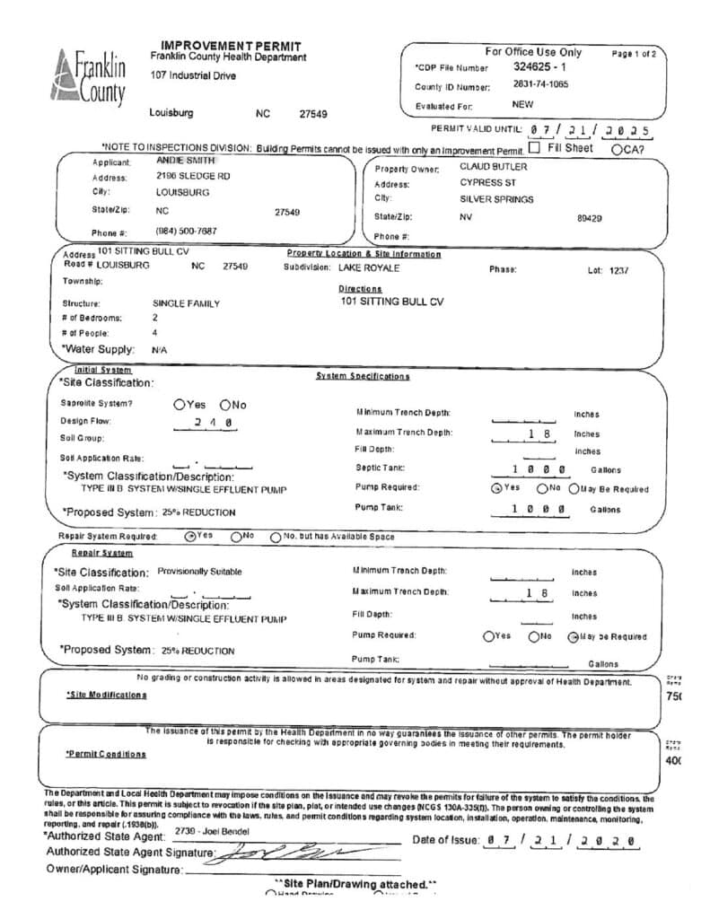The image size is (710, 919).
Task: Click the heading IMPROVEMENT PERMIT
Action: (230, 46)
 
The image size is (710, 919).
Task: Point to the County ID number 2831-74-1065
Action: (540, 85)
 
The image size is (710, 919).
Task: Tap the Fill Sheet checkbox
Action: (535, 148)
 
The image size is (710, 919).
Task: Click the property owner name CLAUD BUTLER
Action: (494, 167)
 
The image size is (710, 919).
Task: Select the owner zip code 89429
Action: (589, 217)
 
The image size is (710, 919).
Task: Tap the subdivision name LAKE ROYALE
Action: (369, 267)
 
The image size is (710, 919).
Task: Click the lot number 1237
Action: (619, 269)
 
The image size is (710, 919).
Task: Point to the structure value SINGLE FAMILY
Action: (186, 303)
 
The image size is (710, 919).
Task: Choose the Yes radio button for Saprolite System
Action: (179, 405)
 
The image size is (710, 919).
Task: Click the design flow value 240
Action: (214, 422)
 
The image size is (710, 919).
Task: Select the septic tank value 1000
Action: (538, 469)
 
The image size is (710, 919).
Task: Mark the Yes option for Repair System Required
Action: (189, 536)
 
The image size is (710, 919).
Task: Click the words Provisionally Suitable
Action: (199, 571)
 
